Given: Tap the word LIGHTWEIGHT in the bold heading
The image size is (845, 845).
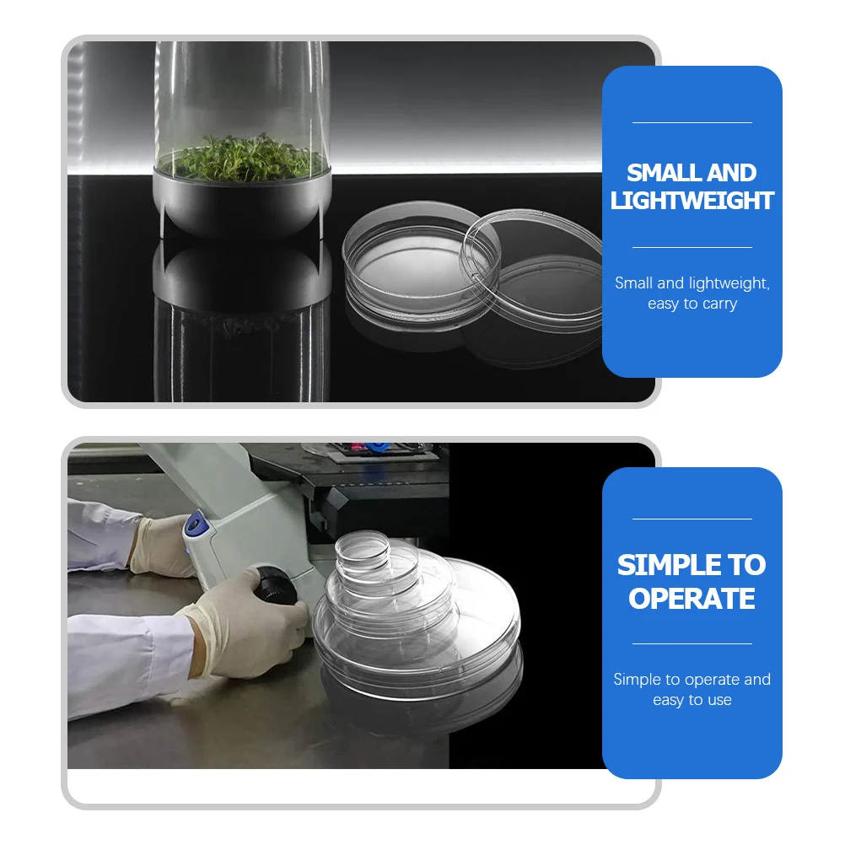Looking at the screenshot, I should click(x=692, y=201).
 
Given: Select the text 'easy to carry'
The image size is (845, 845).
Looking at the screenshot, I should click(x=692, y=304).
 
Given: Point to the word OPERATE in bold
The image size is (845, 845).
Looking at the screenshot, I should click(x=692, y=599).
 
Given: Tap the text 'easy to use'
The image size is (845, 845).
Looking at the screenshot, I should click(x=692, y=700).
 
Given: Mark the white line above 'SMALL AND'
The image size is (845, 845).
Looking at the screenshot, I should click(x=692, y=123).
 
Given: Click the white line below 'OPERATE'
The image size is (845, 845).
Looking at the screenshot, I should click(x=692, y=644).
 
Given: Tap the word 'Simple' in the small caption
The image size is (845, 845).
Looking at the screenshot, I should click(x=637, y=680).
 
